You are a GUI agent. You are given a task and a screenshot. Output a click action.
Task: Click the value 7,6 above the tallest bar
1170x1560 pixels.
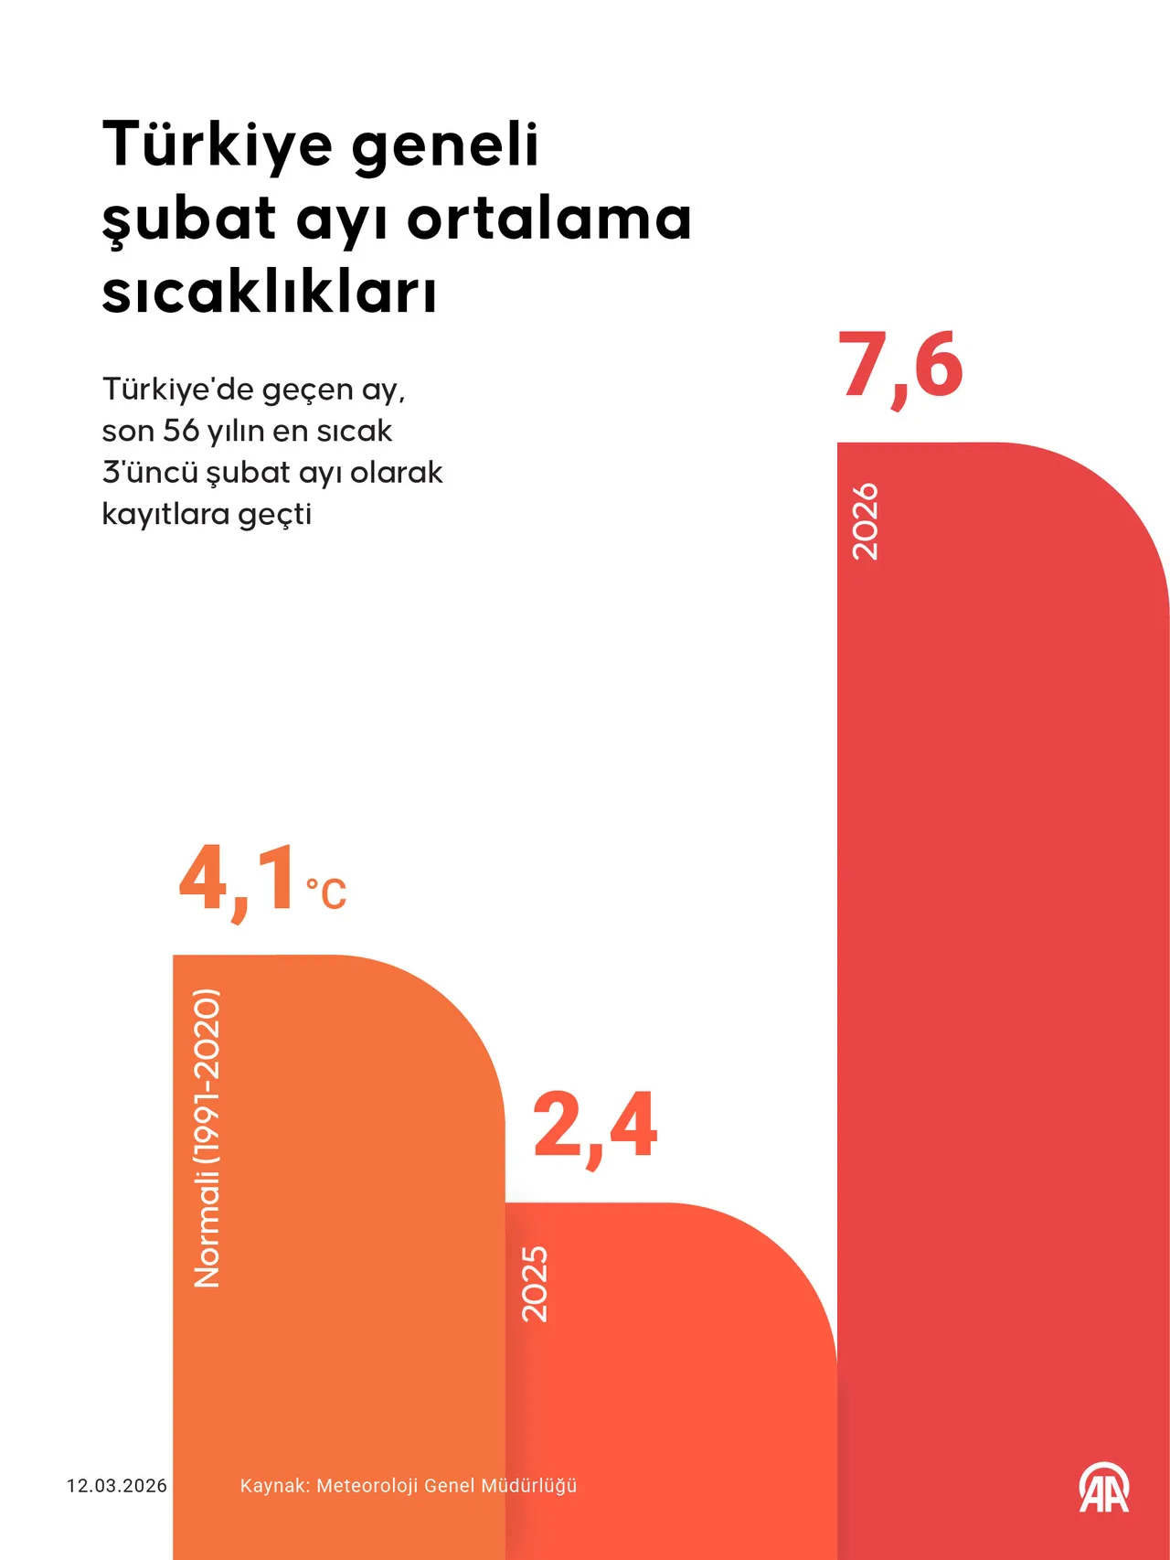coord(900,367)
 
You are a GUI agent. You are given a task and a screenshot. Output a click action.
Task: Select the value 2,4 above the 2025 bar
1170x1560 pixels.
coord(595,1126)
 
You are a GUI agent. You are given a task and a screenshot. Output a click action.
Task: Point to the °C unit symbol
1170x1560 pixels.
coord(326,893)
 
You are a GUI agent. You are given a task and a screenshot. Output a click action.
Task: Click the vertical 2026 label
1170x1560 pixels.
coord(865,521)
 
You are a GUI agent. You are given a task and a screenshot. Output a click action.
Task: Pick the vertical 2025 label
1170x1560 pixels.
coord(535,1283)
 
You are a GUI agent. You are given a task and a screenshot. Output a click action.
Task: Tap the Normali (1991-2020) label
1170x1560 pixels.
coord(207,1138)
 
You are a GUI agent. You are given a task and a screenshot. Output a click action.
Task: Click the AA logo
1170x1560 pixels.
coord(1104,1488)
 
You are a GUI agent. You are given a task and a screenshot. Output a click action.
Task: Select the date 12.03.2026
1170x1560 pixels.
coord(117,1486)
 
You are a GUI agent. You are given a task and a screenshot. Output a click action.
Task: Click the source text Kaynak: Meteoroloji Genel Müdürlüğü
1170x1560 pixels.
coord(408,1486)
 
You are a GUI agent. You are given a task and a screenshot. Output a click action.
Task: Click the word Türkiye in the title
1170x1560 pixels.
coord(218,144)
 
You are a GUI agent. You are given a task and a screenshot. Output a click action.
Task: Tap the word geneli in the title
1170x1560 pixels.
coord(445,144)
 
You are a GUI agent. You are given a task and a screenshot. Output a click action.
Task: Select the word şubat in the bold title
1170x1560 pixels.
coord(189,219)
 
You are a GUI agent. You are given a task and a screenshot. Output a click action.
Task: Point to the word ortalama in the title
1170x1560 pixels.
coord(549,219)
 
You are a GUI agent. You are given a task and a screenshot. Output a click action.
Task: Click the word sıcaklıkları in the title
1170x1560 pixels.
coord(270,293)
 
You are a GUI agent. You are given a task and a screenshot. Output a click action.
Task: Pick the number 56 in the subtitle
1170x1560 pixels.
coord(181,430)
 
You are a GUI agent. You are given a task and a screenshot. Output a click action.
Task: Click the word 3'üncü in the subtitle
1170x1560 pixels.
coord(150,472)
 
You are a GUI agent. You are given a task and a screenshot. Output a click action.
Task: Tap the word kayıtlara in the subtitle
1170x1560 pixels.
coord(165,514)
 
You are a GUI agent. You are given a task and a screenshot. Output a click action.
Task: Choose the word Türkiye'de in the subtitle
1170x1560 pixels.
coord(177,389)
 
